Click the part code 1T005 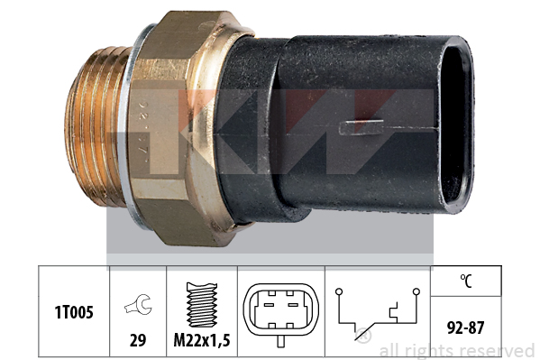(x=74, y=312)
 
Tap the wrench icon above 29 (x=139, y=304)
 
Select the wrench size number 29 (x=138, y=340)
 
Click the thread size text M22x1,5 (x=202, y=340)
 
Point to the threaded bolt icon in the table (x=202, y=305)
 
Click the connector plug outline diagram (x=281, y=309)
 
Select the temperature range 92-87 (x=465, y=328)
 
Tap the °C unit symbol (x=466, y=281)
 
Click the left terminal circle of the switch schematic (x=339, y=291)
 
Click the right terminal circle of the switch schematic (x=416, y=291)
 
